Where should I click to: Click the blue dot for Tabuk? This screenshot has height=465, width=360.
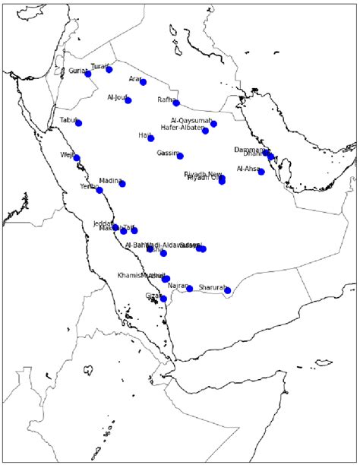click(78, 123)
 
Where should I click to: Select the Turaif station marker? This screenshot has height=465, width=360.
click(109, 69)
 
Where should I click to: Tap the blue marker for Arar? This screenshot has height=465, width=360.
click(143, 82)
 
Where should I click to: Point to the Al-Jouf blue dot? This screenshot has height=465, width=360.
click(128, 100)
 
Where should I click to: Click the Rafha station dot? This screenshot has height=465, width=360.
click(176, 103)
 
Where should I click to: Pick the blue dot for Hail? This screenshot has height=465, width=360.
click(150, 138)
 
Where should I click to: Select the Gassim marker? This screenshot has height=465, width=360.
click(180, 156)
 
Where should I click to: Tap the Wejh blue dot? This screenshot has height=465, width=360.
click(77, 158)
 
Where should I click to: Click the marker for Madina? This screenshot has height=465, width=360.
click(122, 184)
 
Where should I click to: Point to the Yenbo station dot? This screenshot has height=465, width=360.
click(99, 190)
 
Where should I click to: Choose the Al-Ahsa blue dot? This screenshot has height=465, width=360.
click(261, 172)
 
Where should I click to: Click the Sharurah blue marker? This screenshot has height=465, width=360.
click(228, 290)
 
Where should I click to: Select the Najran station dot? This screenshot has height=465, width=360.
click(190, 289)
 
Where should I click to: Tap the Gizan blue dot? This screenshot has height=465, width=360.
click(163, 299)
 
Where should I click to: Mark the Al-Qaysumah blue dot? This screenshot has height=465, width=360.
click(213, 124)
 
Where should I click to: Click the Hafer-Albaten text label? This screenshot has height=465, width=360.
click(182, 128)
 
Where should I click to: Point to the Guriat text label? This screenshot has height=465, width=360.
click(77, 70)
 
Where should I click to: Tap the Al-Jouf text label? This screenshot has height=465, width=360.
click(117, 97)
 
